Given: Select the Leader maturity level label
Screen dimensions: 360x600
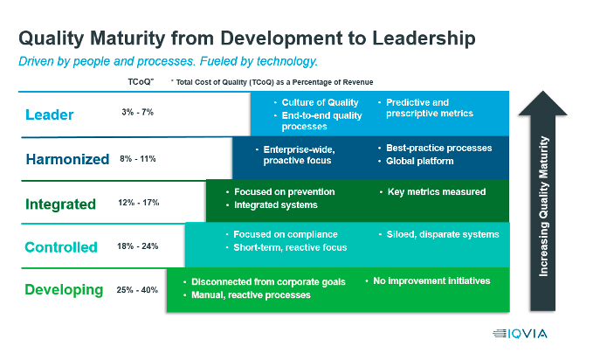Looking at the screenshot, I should click(x=51, y=114).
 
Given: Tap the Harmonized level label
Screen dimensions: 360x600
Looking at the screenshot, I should click(x=67, y=159).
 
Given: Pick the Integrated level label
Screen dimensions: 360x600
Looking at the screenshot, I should click(x=61, y=204).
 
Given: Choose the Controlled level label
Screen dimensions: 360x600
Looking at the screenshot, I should click(x=61, y=247).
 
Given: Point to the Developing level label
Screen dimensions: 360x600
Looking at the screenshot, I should click(x=64, y=289).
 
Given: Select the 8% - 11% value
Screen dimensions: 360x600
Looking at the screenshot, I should click(x=138, y=158).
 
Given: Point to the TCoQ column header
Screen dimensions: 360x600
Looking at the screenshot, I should click(x=141, y=81).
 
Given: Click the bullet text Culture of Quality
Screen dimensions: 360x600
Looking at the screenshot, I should click(x=321, y=103).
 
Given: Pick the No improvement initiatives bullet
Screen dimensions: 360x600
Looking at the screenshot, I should click(x=431, y=280).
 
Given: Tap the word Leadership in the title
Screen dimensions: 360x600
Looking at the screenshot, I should click(x=410, y=39).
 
